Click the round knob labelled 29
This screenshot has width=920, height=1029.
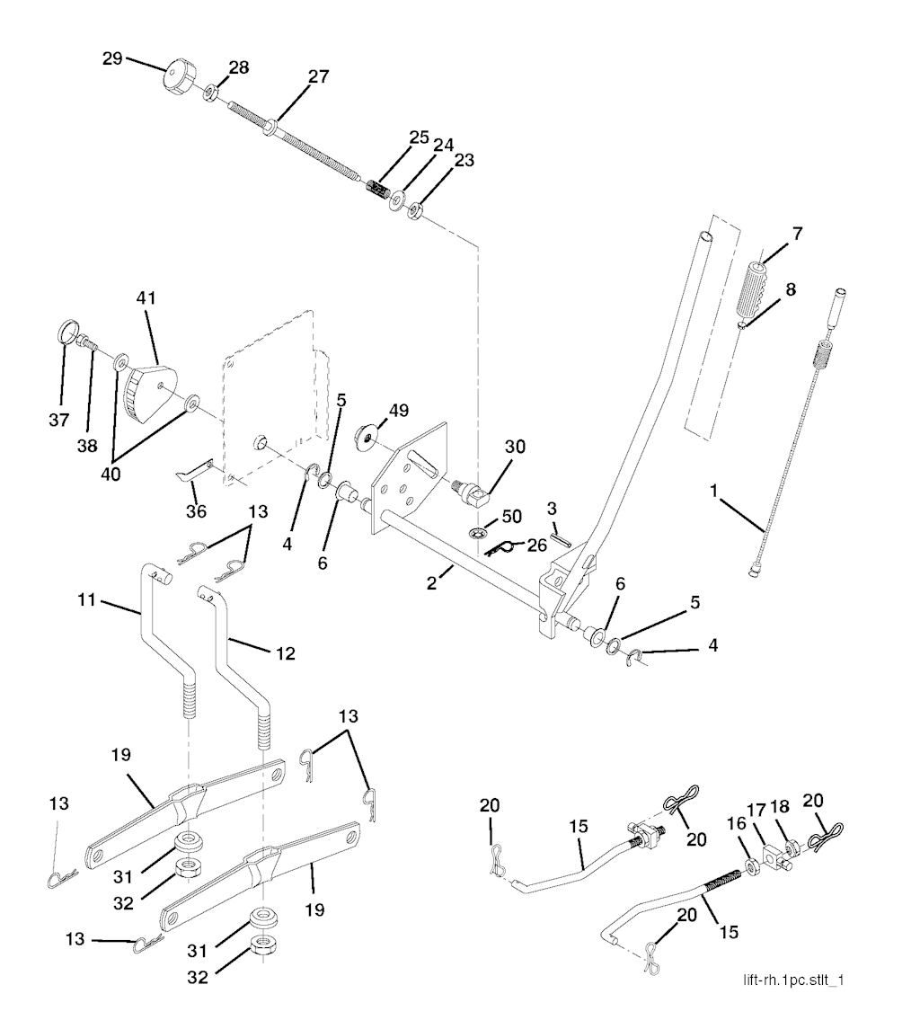[x=178, y=75]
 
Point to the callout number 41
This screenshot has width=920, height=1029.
[x=146, y=297]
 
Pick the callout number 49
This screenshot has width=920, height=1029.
[x=397, y=412]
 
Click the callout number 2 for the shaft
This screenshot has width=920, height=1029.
[x=432, y=583]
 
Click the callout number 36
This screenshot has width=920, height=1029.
[x=196, y=511]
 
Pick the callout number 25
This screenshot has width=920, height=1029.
[x=420, y=137]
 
